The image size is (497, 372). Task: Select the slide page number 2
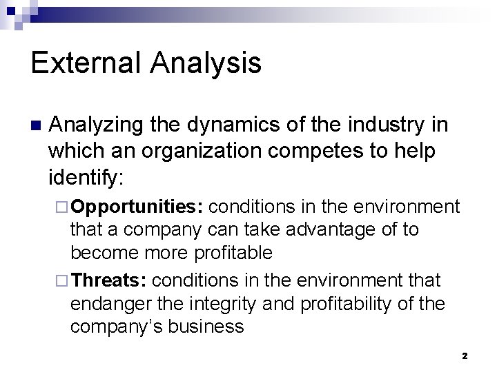pyautogui.click(x=465, y=356)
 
